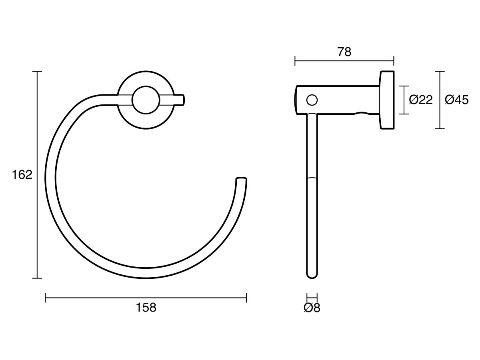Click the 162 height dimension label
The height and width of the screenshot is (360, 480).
(22, 175)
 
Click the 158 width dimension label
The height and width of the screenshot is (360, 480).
(146, 308)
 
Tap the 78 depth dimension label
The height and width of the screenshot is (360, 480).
(344, 52)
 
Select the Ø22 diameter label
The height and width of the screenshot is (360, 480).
(421, 100)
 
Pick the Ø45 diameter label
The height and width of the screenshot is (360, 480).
(456, 100)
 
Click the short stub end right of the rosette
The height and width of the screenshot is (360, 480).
(179, 100)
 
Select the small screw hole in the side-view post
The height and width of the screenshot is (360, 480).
(312, 100)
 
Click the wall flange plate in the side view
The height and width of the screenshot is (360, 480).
(387, 100)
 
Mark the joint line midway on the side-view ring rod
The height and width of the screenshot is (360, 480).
(312, 177)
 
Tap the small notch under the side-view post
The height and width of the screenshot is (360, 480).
(362, 113)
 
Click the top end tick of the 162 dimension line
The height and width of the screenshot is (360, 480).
(37, 72)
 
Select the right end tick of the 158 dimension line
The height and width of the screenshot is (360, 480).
(246, 298)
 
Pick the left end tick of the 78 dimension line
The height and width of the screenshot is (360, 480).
(295, 61)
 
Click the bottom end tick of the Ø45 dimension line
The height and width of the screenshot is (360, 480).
(440, 128)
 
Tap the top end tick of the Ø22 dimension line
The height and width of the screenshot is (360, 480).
(404, 86)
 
